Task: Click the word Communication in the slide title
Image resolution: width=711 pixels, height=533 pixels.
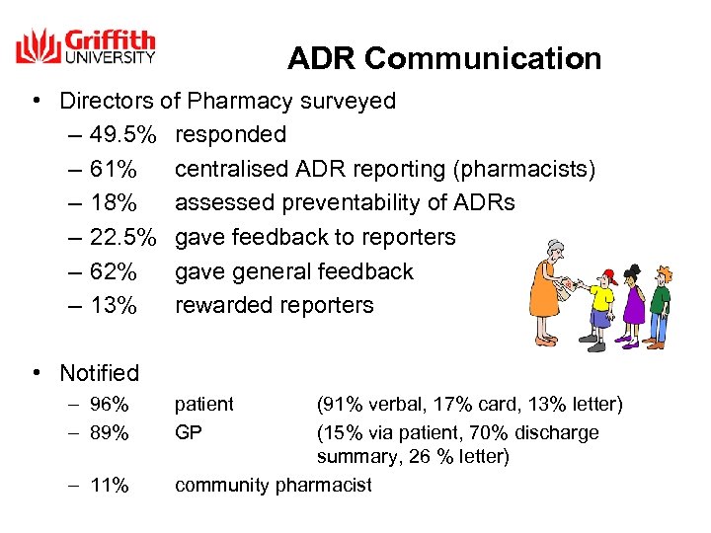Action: click(482, 59)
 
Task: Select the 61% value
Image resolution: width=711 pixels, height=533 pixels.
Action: click(113, 169)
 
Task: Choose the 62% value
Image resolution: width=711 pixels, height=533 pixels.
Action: click(113, 271)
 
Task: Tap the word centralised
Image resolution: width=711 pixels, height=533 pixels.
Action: click(231, 169)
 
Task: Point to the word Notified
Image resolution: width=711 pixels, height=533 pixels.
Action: click(100, 373)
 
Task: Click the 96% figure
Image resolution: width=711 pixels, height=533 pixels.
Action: click(109, 405)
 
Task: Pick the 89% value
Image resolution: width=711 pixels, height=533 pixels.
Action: click(109, 432)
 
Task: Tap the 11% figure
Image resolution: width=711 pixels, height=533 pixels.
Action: click(109, 485)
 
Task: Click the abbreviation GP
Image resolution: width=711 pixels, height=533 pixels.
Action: click(188, 432)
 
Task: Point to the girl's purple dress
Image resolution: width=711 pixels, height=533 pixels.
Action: click(632, 307)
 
